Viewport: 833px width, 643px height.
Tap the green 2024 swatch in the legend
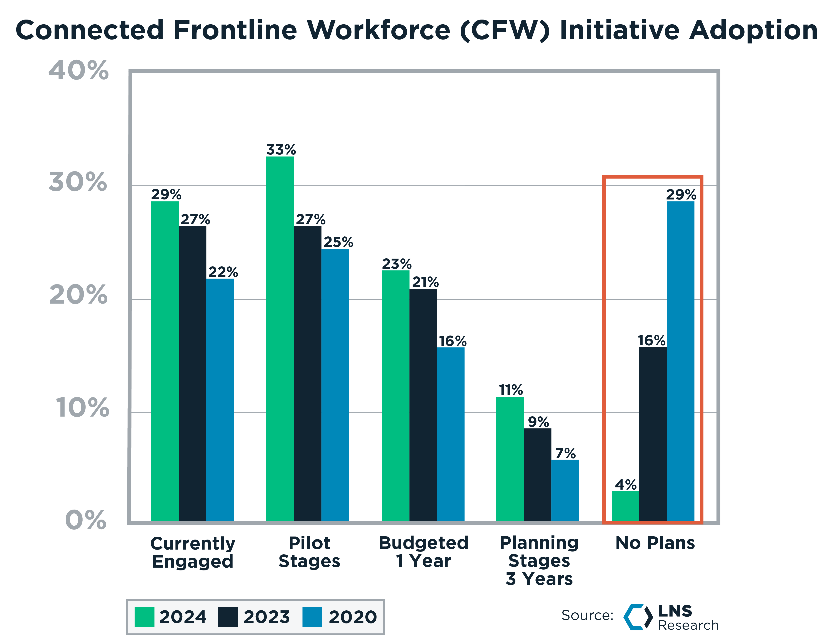click(145, 617)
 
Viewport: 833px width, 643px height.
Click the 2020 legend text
click(352, 617)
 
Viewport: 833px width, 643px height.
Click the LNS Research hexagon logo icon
click(638, 617)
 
